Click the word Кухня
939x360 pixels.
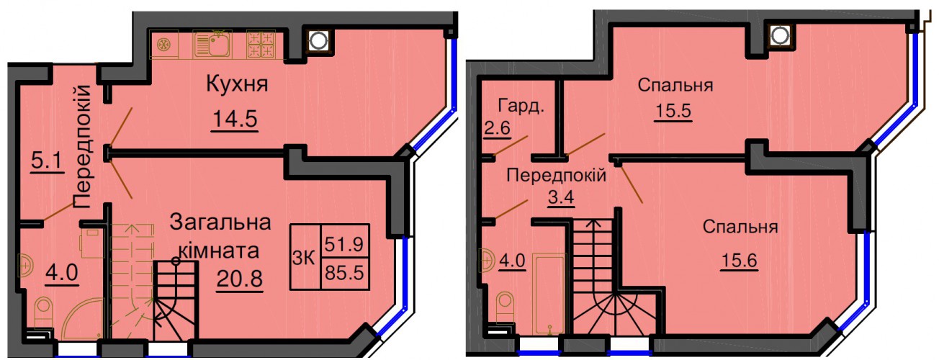click(x=237, y=84)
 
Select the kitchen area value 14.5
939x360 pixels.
click(x=235, y=119)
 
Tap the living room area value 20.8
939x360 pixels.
click(x=240, y=279)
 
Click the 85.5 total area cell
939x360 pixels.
click(x=345, y=274)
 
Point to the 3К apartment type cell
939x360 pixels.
click(x=305, y=257)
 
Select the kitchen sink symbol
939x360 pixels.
click(x=212, y=45)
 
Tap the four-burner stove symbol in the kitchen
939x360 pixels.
click(x=261, y=44)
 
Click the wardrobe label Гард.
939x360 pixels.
click(x=521, y=107)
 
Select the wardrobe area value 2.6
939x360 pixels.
click(x=497, y=127)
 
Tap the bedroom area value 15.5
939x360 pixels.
click(x=673, y=111)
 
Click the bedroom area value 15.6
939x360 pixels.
click(x=740, y=261)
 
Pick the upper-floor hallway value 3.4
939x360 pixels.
click(x=561, y=197)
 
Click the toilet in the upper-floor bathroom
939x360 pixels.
click(x=504, y=308)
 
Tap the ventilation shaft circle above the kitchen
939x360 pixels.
click(x=318, y=41)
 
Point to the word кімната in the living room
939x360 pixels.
click(x=219, y=251)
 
